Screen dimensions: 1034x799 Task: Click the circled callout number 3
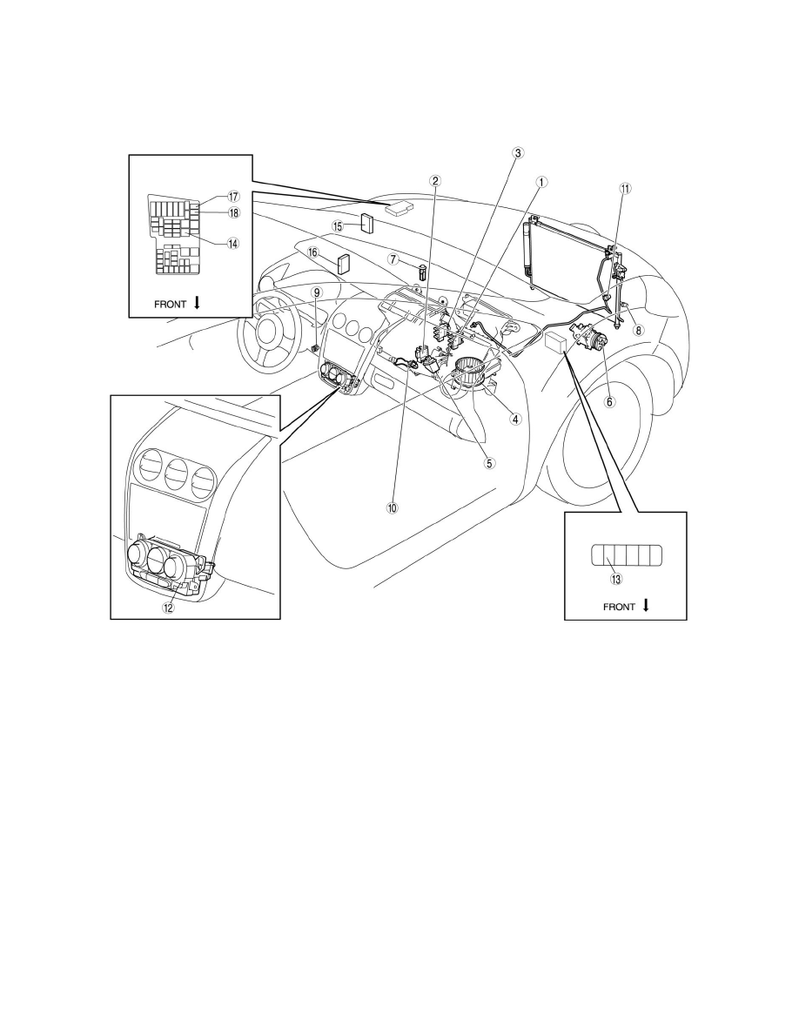(x=517, y=153)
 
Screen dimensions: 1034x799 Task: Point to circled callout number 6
(x=609, y=402)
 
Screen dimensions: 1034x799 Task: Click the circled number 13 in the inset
(x=617, y=579)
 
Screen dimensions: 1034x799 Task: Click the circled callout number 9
(x=318, y=292)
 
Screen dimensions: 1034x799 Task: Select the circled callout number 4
(x=515, y=419)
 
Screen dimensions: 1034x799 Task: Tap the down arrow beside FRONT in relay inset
(x=647, y=606)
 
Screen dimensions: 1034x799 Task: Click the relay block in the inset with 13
(x=624, y=554)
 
